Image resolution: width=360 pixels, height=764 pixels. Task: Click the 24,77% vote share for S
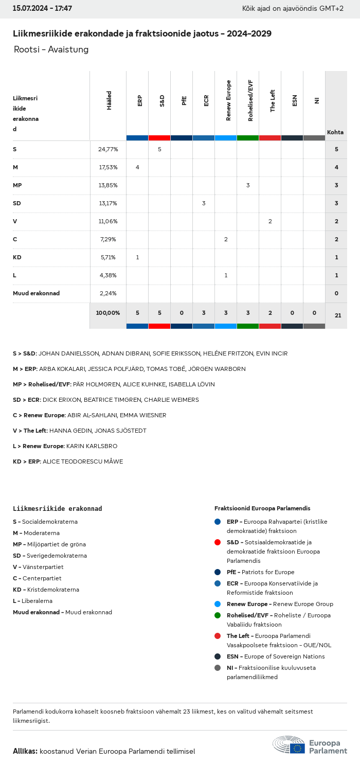[108, 149]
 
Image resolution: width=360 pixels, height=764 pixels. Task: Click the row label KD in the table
[17, 257]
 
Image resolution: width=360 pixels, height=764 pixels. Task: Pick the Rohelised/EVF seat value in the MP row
[248, 185]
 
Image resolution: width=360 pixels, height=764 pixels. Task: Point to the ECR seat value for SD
[204, 203]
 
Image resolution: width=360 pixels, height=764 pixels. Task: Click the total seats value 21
[337, 315]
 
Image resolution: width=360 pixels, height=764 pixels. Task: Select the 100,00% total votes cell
[108, 313]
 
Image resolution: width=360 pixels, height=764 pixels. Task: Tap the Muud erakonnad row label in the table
[36, 293]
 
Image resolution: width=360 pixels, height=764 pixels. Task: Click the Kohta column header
[335, 132]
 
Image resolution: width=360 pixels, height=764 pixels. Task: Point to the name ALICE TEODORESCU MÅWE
[83, 461]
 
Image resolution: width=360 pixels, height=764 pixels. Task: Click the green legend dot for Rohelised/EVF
[218, 615]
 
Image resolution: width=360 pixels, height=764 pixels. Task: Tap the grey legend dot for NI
[218, 668]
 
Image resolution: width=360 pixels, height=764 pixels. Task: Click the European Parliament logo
[310, 745]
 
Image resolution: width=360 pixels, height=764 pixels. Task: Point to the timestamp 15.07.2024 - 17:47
[42, 8]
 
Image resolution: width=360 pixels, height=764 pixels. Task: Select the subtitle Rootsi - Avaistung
[51, 49]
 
